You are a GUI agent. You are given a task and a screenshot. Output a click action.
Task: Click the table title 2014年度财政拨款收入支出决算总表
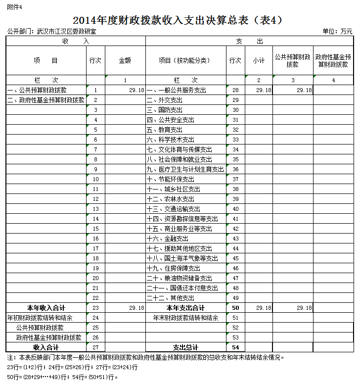coord(178,20)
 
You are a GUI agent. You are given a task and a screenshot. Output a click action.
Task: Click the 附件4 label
coord(15,6)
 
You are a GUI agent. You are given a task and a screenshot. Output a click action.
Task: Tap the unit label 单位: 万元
coord(337,31)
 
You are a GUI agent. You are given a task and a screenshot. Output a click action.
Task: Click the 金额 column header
coord(125,60)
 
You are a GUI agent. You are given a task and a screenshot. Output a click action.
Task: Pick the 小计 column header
coord(259,60)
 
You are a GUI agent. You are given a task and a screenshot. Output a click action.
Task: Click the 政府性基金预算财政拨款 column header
coord(333,60)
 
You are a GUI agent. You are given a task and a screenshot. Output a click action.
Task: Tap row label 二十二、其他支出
coord(171,298)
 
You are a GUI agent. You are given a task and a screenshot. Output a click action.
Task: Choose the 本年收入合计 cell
coord(46,308)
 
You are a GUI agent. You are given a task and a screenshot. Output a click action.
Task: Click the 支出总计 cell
coord(185,347)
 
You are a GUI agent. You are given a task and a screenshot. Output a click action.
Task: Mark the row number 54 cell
coord(235,347)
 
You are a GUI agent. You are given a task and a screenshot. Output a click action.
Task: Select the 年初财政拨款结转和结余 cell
coord(40,318)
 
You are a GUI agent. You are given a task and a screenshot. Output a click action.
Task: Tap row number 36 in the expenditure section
coord(235,169)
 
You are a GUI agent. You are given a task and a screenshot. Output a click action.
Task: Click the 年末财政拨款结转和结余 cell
coord(185,318)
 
